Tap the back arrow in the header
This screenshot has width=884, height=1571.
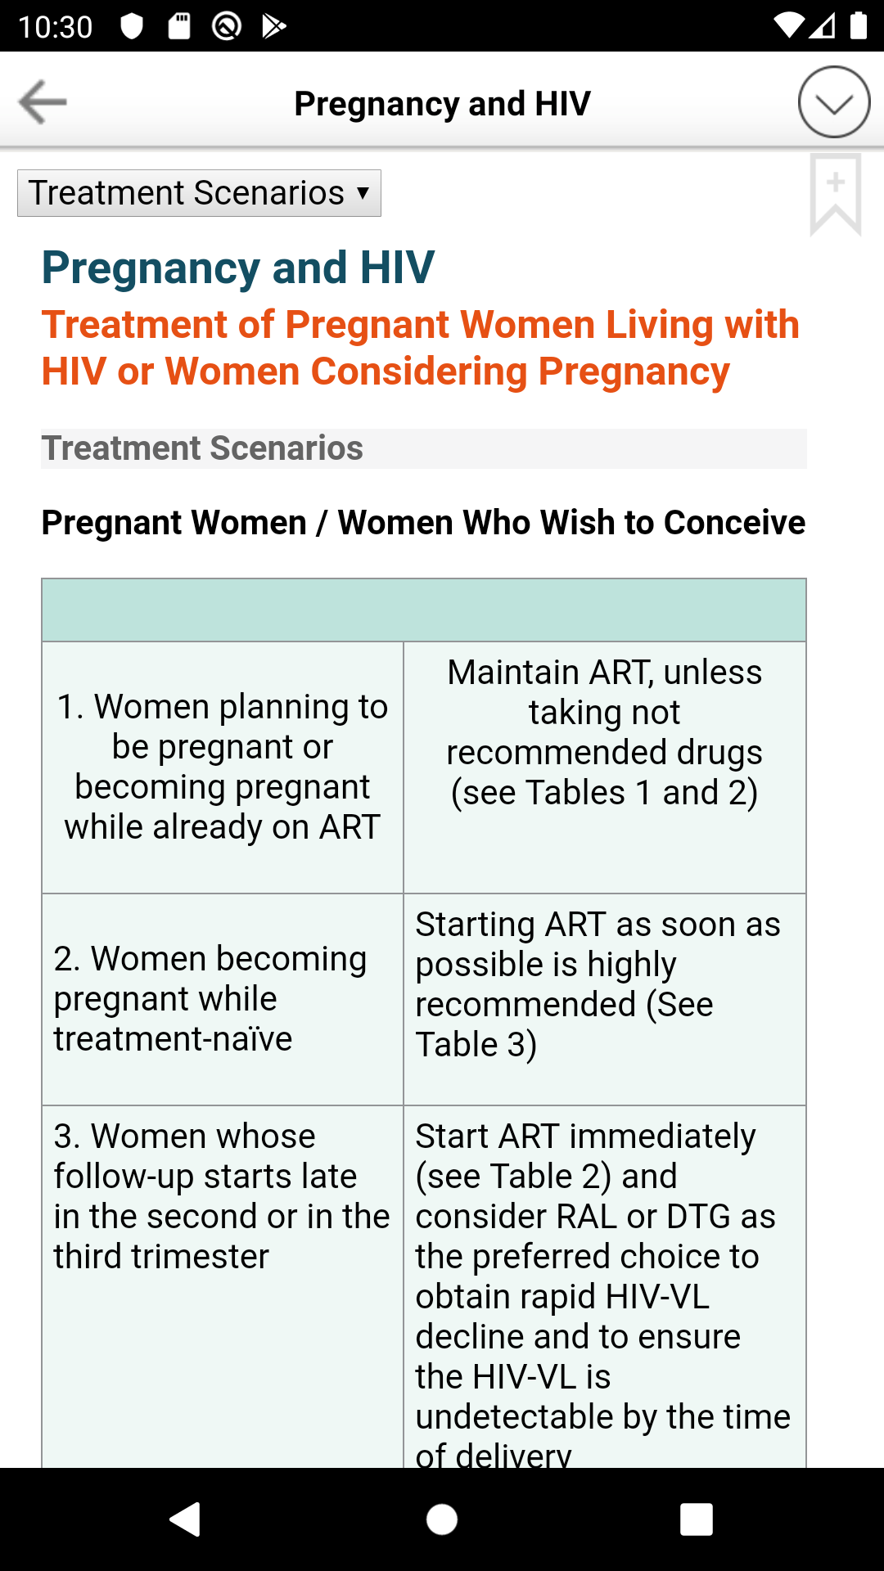click(x=43, y=102)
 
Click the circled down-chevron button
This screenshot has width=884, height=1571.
click(x=834, y=102)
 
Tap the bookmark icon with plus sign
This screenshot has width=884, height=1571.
click(x=836, y=195)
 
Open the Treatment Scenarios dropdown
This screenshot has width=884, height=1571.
click(x=199, y=193)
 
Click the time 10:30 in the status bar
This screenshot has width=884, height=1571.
click(x=55, y=27)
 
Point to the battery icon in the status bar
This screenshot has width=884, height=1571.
click(x=858, y=25)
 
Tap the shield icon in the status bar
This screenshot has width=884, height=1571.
click(x=132, y=26)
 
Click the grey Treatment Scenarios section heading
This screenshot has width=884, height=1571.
click(x=202, y=448)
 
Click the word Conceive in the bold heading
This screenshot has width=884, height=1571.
click(x=734, y=522)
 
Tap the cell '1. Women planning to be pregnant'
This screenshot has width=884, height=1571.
click(x=223, y=767)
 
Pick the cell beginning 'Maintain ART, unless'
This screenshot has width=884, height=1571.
click(x=605, y=767)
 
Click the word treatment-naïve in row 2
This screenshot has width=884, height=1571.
click(x=173, y=1039)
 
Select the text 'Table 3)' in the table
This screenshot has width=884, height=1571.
click(x=476, y=1045)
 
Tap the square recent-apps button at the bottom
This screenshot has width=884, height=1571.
click(x=696, y=1519)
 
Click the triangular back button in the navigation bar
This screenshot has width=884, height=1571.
click(x=186, y=1519)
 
